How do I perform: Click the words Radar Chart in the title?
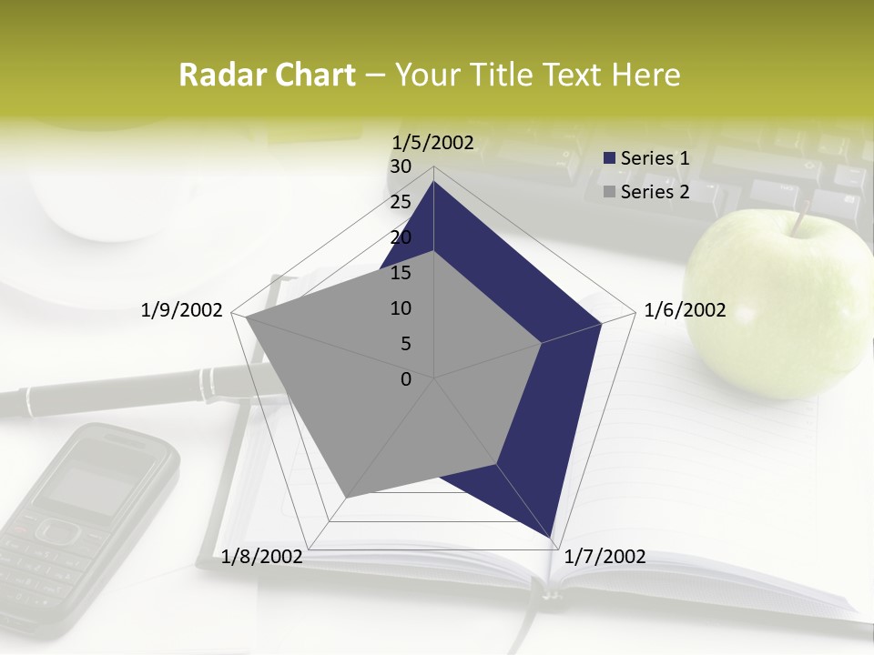pyautogui.click(x=267, y=76)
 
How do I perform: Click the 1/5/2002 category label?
pyautogui.click(x=433, y=142)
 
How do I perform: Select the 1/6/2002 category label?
pyautogui.click(x=685, y=311)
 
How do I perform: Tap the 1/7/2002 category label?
pyautogui.click(x=605, y=557)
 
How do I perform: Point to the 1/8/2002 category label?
pyautogui.click(x=262, y=557)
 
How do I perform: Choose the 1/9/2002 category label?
pyautogui.click(x=182, y=311)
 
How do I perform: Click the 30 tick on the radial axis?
pyautogui.click(x=400, y=166)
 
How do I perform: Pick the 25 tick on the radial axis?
pyautogui.click(x=400, y=202)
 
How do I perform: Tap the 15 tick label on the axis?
pyautogui.click(x=400, y=273)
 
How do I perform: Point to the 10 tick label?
pyautogui.click(x=400, y=308)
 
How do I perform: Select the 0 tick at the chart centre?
pyautogui.click(x=406, y=379)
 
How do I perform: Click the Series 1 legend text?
pyautogui.click(x=655, y=158)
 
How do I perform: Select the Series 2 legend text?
pyautogui.click(x=655, y=192)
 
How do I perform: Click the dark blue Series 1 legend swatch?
pyautogui.click(x=610, y=158)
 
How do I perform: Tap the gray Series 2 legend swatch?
pyautogui.click(x=610, y=192)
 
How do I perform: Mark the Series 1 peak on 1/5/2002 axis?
pyautogui.click(x=434, y=181)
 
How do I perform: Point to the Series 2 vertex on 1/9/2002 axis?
pyautogui.click(x=246, y=317)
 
